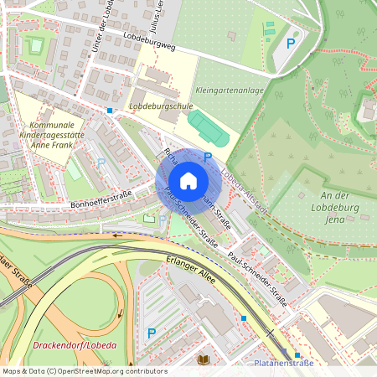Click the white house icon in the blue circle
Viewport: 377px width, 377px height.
[x=188, y=181]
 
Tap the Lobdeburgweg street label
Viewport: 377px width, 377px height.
[x=148, y=43]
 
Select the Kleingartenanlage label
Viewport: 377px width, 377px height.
[x=228, y=90]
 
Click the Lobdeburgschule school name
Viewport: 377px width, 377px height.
[x=161, y=107]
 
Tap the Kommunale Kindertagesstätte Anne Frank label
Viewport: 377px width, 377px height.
[x=47, y=133]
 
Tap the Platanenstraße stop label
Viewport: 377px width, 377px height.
[x=283, y=364]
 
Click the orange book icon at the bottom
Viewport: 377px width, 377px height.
[x=203, y=359]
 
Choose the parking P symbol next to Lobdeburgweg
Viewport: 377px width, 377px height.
[x=291, y=44]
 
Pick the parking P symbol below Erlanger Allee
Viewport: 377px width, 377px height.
[x=152, y=333]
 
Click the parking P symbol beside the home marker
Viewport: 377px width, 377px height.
[x=208, y=157]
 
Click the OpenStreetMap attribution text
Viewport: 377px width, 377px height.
[x=85, y=371]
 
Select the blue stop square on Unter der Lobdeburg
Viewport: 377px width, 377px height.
[x=109, y=110]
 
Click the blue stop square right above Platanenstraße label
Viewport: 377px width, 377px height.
[x=285, y=354]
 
